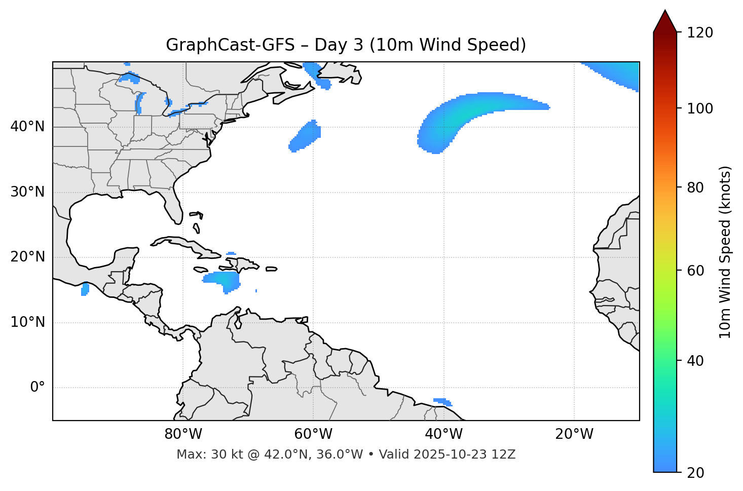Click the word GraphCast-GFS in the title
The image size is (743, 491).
[x=230, y=45]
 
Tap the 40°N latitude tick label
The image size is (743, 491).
[x=27, y=127]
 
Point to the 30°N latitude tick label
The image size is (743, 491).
[x=27, y=192]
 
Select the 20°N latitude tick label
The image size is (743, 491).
[x=27, y=257]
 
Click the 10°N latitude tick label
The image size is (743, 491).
[x=27, y=322]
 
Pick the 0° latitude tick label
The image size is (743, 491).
[x=37, y=388]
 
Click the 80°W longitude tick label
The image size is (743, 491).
[x=183, y=434]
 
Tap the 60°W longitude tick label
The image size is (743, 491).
[x=313, y=434]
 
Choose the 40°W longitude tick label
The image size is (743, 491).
[x=443, y=434]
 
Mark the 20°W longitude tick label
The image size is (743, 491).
[x=574, y=434]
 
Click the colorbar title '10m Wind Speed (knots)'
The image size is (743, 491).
[x=725, y=252]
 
